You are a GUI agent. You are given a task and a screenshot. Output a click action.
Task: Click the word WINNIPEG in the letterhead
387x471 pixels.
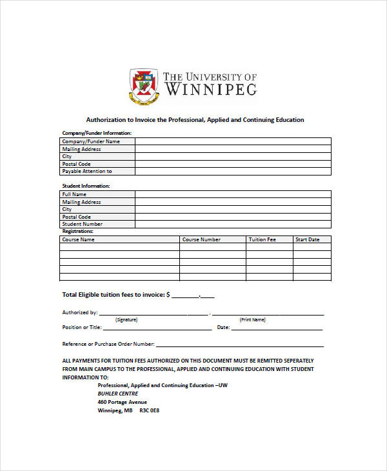coord(210,89)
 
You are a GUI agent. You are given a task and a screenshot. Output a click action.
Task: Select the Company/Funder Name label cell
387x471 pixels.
coord(90,141)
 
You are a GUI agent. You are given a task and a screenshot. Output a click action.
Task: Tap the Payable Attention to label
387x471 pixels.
coord(87,171)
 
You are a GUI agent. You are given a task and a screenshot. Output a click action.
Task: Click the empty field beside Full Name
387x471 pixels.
coord(232,194)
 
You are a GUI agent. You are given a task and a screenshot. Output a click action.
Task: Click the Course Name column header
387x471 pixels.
coord(78,239)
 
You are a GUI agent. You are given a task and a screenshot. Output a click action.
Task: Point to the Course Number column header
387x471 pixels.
coord(201,239)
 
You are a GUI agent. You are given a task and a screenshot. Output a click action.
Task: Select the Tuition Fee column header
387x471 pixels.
coord(263,239)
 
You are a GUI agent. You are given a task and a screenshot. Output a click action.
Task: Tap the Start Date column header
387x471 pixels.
coord(307,239)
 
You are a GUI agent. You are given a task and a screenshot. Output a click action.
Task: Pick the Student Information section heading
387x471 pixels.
coord(86,186)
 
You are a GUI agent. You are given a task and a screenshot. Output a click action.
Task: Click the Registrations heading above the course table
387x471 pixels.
coord(77,231)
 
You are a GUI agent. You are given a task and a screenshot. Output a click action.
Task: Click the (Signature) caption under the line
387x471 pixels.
coord(126,319)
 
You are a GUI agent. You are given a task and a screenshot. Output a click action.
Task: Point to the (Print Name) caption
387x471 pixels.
coord(252,319)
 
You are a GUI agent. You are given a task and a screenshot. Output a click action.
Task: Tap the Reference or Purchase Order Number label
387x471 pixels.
coord(108,344)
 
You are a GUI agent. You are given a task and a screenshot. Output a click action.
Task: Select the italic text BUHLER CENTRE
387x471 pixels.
coord(117,394)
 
